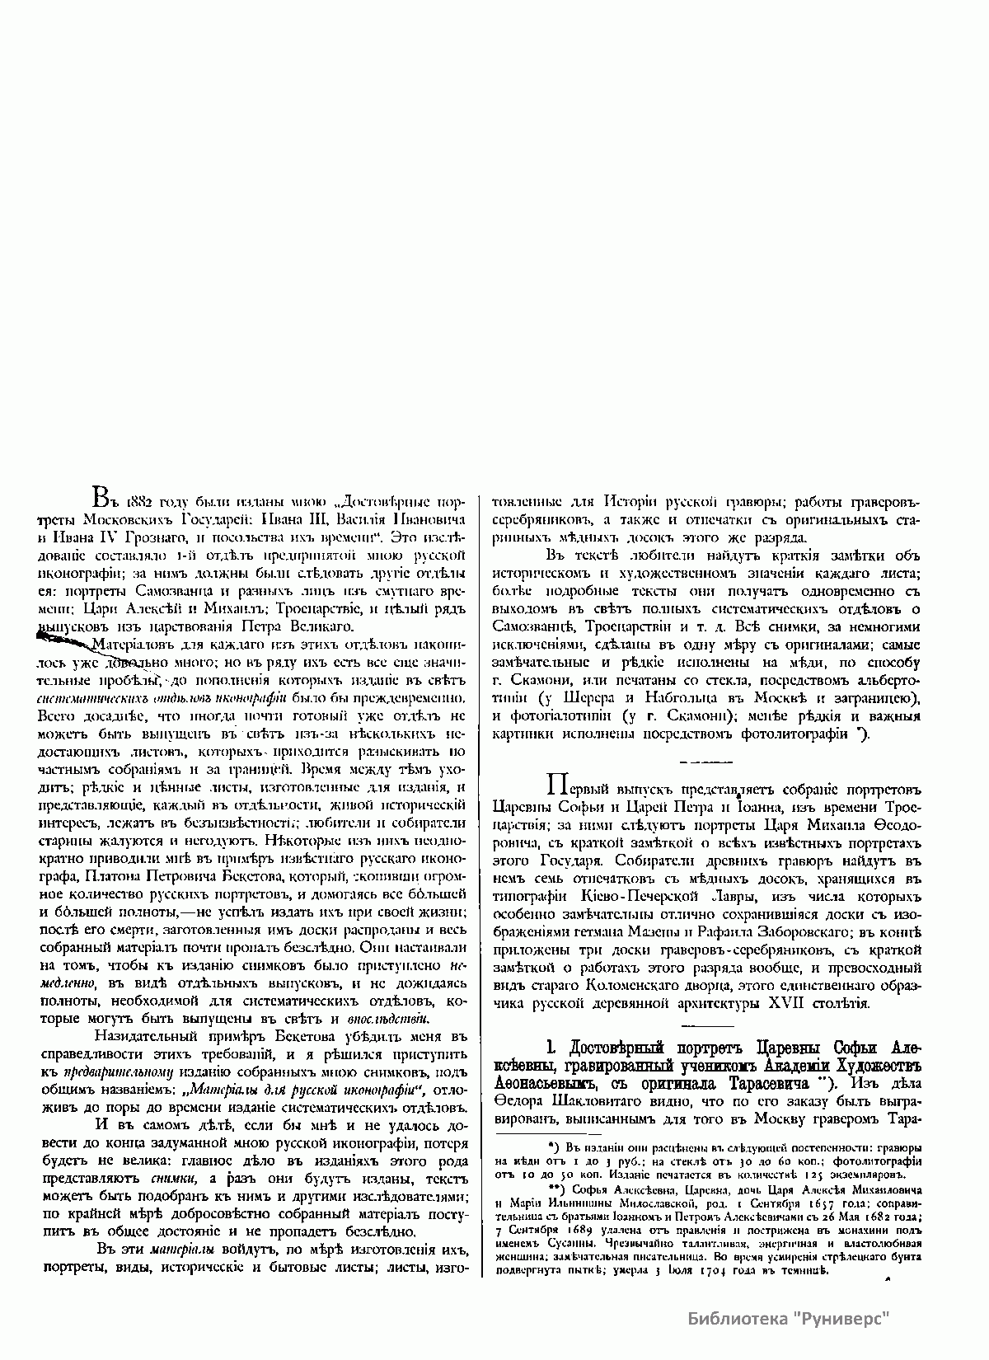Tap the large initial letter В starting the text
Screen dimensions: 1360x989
[x=97, y=499]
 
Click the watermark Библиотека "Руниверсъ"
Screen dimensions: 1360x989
[x=790, y=1318]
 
